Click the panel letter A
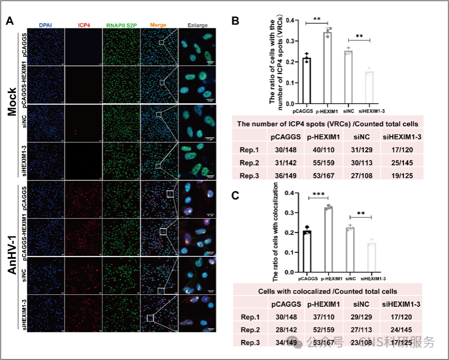pos(10,21)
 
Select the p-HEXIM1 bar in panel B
pos(327,68)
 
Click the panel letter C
pos(235,195)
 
